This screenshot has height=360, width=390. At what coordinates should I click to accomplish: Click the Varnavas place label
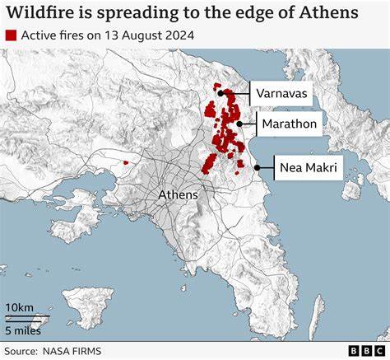point(281,94)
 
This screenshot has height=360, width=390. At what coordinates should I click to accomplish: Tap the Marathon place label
point(288,125)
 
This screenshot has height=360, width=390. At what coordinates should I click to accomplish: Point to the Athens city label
point(178,194)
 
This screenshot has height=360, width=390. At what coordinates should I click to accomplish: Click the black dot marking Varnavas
point(221,94)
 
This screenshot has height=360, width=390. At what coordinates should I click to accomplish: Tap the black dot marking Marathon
point(238,124)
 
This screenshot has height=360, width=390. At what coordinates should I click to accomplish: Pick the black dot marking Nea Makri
point(257,167)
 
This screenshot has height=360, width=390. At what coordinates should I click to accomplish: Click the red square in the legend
point(11,35)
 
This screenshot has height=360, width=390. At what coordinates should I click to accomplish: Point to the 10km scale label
point(20,307)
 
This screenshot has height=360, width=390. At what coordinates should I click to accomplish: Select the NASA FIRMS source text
point(75,350)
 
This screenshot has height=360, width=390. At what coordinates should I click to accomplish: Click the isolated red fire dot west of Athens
point(125,162)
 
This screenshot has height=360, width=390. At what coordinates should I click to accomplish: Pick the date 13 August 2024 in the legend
point(140,35)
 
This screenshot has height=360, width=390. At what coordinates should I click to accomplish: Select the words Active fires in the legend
point(51,35)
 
